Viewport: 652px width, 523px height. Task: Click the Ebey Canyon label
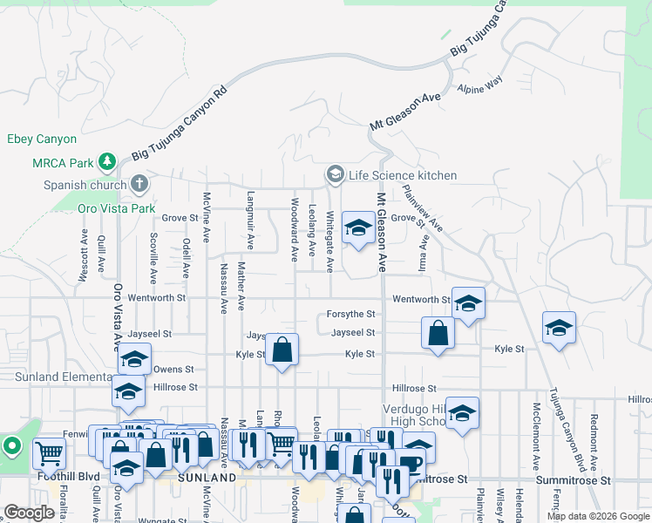[x=41, y=139]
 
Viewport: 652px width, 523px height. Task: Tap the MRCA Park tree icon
[x=107, y=161]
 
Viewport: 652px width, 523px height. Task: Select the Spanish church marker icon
[x=139, y=184]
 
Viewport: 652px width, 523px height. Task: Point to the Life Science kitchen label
[x=402, y=175]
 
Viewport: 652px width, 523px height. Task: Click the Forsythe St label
[x=350, y=314]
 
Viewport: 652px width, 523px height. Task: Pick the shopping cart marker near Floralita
[x=49, y=453]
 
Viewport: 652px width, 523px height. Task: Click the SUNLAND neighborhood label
[x=207, y=479]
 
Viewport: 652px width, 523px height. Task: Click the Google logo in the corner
[x=29, y=513]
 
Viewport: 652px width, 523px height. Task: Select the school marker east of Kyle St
[x=559, y=328]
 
